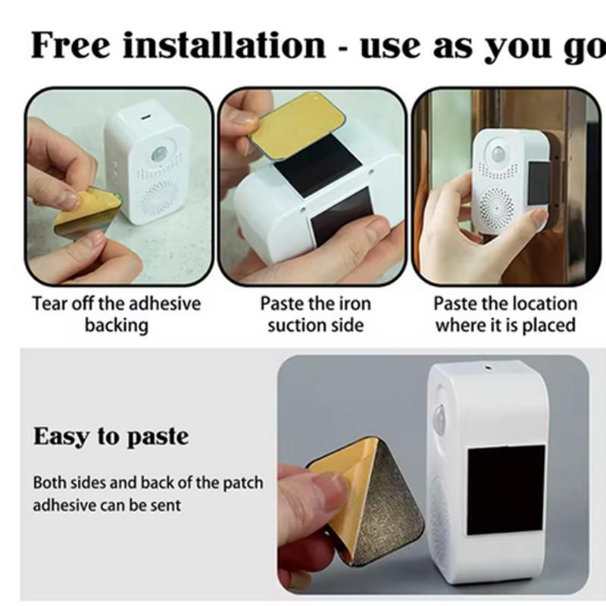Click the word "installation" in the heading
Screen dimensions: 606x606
click(x=224, y=45)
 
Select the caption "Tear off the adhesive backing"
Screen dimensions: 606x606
click(x=117, y=314)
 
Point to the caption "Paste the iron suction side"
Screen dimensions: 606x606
click(x=315, y=314)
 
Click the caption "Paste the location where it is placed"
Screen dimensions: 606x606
click(x=505, y=314)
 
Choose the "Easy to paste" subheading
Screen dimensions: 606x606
click(x=111, y=437)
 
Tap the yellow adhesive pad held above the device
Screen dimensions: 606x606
click(x=297, y=126)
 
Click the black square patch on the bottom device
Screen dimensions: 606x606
click(x=506, y=490)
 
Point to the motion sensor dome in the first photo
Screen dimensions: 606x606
click(x=158, y=155)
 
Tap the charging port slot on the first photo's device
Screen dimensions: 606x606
click(x=145, y=117)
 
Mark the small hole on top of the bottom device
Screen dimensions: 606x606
click(x=488, y=368)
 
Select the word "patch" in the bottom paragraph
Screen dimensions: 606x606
click(x=243, y=483)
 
